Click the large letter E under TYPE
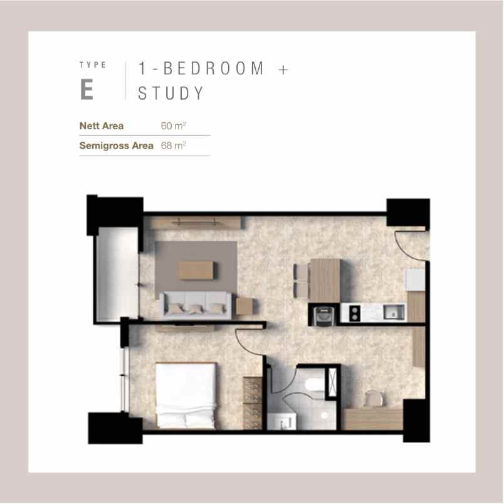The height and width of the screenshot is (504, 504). point(87,90)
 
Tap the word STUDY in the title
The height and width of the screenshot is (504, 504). point(171,93)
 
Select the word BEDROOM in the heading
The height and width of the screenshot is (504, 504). point(214,68)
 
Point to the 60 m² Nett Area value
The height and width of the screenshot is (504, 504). point(173,125)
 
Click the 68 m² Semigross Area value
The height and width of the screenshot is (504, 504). point(173,145)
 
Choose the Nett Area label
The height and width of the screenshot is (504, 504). point(102,125)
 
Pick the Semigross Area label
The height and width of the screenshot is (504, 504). point(117,146)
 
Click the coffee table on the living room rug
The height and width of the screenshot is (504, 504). point(196,270)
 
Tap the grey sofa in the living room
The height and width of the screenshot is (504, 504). point(196,305)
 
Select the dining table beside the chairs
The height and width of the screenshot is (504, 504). point(325,281)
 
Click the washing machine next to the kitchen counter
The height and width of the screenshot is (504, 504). point(323,315)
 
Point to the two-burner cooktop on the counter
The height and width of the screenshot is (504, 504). point(354,313)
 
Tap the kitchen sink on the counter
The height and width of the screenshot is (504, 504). point(394,312)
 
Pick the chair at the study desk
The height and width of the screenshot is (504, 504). point(374,399)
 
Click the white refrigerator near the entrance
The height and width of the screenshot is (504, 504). point(414,280)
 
